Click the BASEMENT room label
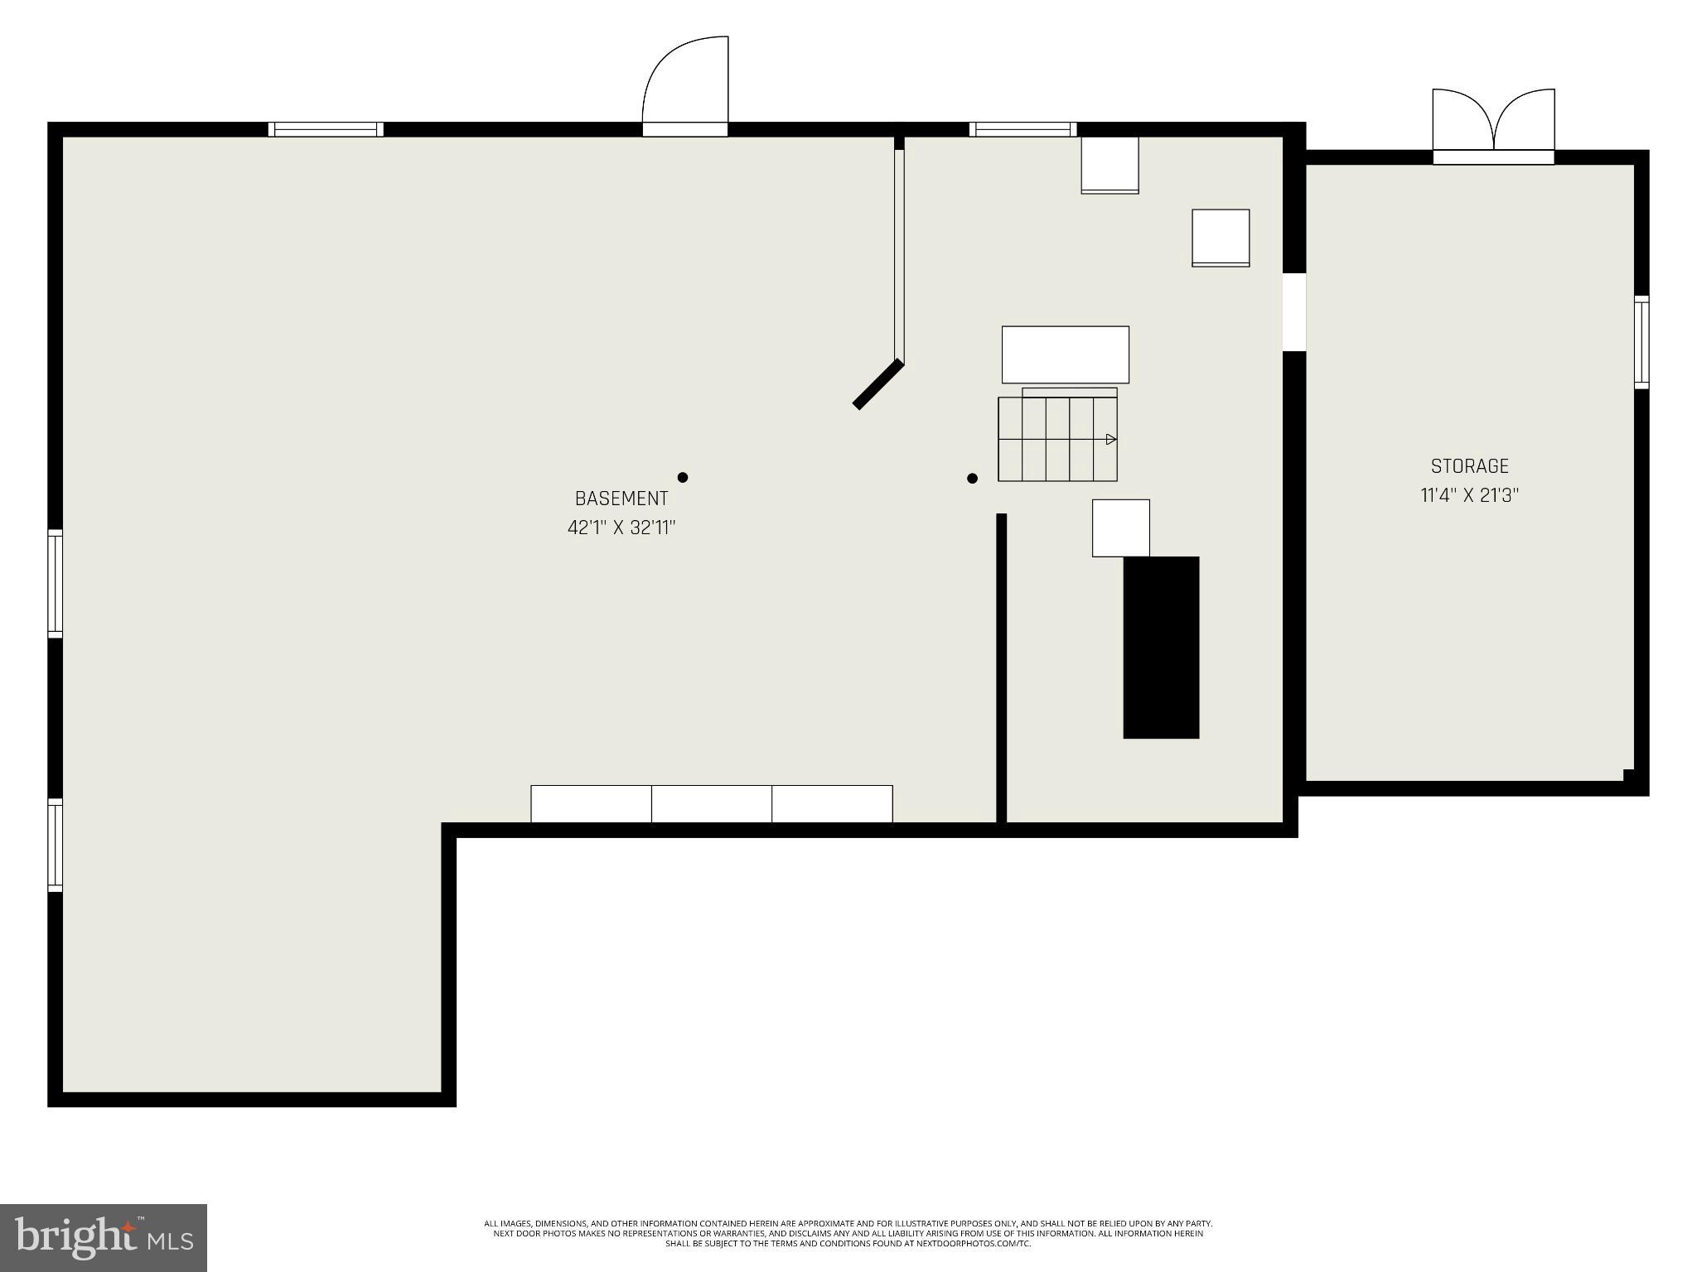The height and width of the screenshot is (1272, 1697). coord(621,499)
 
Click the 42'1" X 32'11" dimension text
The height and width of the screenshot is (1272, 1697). coord(621,528)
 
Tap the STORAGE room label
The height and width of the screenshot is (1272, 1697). coord(1470,466)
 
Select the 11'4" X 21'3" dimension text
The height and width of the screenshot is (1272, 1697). coord(1470,496)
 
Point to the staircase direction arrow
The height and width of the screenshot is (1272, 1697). coord(1111,439)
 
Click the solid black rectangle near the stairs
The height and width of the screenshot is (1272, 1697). coord(1161,647)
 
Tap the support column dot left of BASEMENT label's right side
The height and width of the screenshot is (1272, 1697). coord(683,477)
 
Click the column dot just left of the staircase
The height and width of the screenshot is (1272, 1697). coord(972,478)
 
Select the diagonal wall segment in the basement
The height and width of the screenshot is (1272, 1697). coord(878,384)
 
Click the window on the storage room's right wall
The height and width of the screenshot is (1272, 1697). coord(1641,342)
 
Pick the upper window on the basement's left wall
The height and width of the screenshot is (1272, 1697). coord(56,583)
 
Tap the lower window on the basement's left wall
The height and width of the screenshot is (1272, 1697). coord(56,845)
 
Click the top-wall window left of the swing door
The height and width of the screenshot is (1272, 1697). coord(326,129)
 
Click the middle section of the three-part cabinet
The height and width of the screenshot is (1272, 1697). coord(712,804)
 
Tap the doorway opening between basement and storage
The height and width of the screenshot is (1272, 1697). coord(1293,312)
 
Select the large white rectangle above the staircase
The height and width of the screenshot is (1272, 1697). coord(1065,354)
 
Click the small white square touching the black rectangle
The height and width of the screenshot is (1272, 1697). coord(1120,528)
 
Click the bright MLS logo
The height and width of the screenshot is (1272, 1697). coord(104,1237)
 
